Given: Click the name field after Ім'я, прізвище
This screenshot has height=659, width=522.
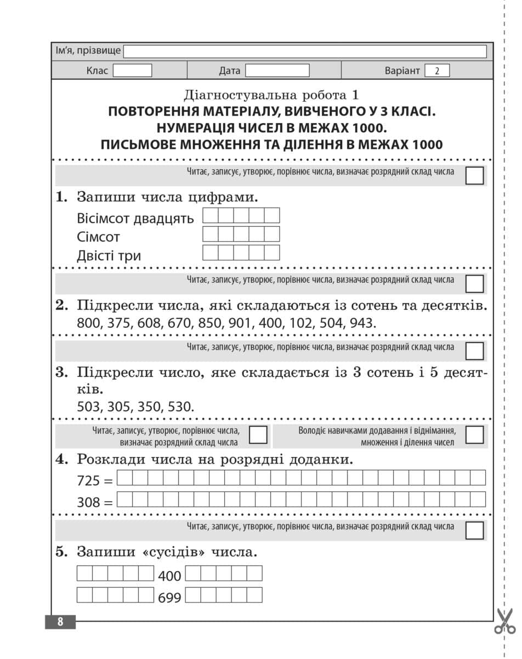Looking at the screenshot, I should pos(305,52).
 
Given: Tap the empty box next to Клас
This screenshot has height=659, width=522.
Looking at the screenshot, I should pos(132,71).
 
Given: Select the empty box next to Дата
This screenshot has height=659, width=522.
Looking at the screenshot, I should pos(277,71).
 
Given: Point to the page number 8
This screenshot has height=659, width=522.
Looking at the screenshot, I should pos(60,622).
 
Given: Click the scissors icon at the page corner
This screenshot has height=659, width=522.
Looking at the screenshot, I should pos(504,621).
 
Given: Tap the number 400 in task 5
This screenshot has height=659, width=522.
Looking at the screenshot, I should pos(169,577).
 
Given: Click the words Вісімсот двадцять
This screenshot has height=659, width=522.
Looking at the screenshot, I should pos(135,218).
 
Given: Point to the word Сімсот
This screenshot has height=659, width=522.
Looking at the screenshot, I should pos(99,237).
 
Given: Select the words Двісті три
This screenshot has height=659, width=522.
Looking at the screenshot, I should pos(109,256).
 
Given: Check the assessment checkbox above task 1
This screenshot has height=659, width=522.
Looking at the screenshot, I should pos(474,176).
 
